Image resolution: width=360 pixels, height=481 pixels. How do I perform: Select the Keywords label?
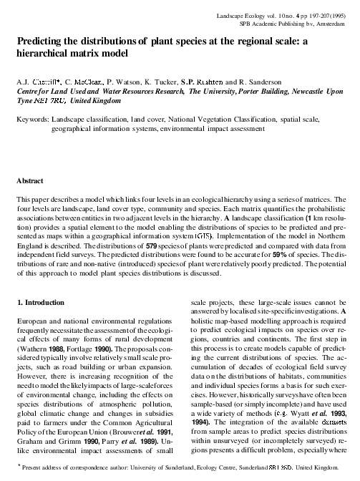point(32,120)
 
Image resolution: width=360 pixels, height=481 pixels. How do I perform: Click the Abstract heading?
point(30,183)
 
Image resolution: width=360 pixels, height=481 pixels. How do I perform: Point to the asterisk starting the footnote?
point(18,465)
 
